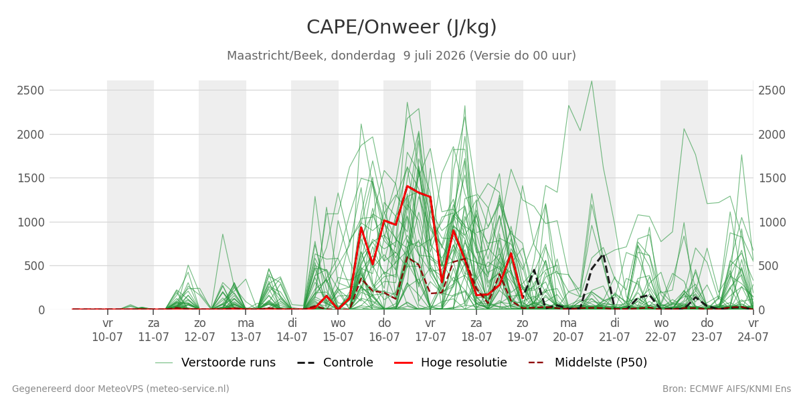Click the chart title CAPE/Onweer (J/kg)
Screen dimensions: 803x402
(x=401, y=27)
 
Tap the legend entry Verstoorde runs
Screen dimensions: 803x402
(x=215, y=362)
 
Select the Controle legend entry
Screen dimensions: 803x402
(x=335, y=362)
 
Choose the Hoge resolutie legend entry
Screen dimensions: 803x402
(x=450, y=362)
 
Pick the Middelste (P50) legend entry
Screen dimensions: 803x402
(x=588, y=362)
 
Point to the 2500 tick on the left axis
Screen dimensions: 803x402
(x=31, y=90)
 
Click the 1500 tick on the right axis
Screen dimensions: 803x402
(x=772, y=178)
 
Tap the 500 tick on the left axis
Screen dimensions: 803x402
(x=34, y=267)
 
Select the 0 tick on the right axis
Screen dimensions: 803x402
(x=762, y=310)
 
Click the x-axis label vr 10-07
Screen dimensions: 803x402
(x=107, y=330)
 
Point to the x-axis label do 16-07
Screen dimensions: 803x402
(x=384, y=330)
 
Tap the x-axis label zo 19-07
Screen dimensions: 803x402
(x=523, y=330)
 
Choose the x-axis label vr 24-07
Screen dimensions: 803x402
(x=753, y=330)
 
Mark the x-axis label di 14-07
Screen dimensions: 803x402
(x=292, y=330)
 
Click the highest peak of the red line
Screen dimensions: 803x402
(x=408, y=186)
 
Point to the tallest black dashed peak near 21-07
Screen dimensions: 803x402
(x=603, y=255)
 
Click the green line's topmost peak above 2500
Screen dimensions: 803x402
(x=592, y=82)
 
